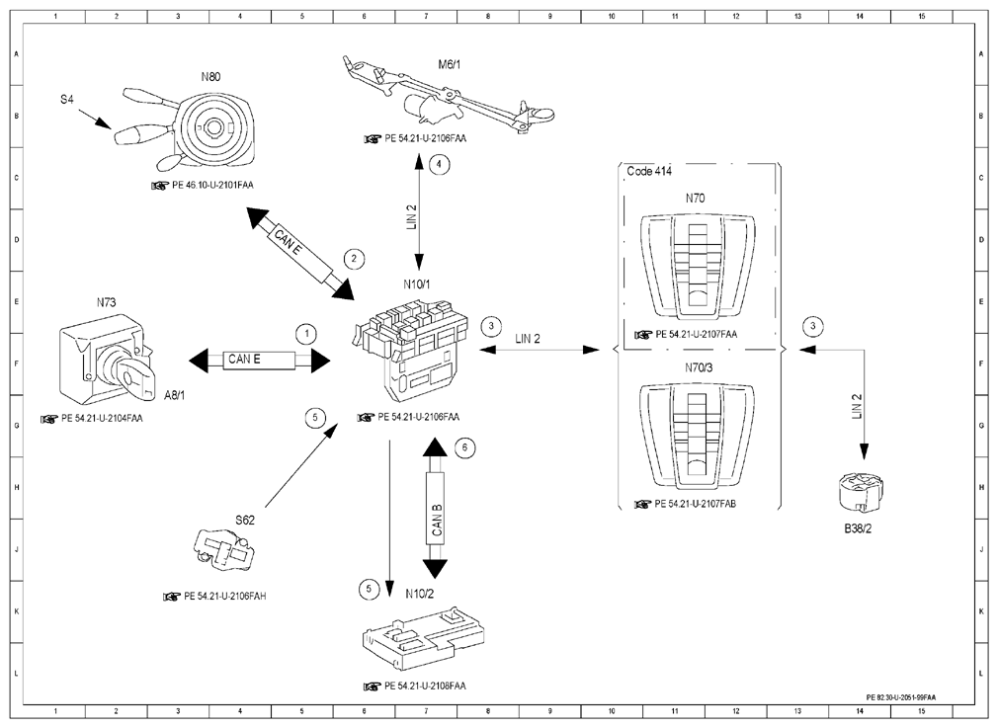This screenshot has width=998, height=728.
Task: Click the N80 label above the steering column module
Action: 210,77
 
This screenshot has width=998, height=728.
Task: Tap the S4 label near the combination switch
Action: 67,99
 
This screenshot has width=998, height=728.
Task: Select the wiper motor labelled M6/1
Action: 448,98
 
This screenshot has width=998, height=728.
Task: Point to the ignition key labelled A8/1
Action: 136,375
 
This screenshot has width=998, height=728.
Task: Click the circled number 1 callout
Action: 306,334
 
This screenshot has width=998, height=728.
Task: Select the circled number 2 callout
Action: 354,259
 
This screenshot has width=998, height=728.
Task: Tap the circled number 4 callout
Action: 439,165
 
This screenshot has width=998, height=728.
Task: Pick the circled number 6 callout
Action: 464,447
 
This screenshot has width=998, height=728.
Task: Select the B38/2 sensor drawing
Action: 857,495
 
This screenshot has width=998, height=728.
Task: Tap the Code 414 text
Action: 648,171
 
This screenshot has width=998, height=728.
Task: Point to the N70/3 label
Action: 699,367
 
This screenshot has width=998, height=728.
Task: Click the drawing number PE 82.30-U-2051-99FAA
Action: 901,697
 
